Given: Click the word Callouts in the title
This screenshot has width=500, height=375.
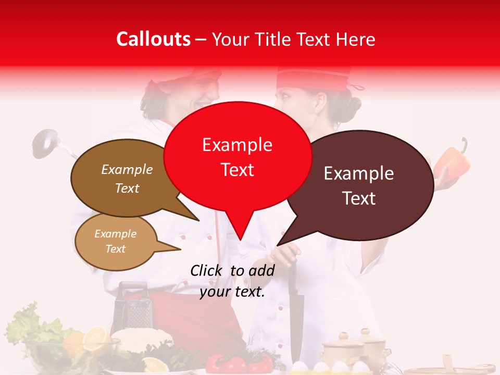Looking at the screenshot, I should coord(153,39).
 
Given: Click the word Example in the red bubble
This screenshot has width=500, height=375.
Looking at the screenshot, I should coord(237,145).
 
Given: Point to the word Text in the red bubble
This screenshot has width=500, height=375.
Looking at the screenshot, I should coord(238,170).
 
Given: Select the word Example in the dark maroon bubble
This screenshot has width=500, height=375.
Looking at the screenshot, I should coord(359,173).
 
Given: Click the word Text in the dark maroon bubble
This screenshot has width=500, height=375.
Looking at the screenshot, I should coord(359,198).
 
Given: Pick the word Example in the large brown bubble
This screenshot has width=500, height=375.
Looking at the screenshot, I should coord(127,170).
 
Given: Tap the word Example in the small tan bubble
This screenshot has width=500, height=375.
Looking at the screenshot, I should coord(116,234).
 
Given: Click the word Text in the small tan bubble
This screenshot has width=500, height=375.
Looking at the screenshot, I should coord(116,249).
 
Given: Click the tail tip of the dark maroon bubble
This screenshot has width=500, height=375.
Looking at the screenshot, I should coord(278,244).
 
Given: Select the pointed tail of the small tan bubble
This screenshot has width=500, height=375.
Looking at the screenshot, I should coord(179,249).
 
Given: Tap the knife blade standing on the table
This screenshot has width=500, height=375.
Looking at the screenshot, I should coord(296,312).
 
